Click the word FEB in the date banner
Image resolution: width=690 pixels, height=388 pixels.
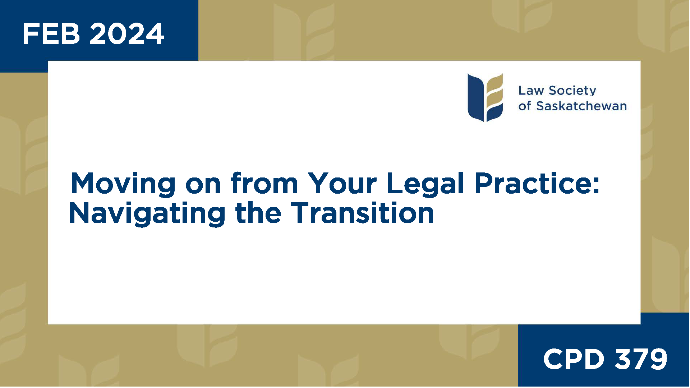(x=51, y=34)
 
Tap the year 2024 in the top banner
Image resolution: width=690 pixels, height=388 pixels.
(x=127, y=34)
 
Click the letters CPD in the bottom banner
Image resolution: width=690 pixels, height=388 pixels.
(x=574, y=359)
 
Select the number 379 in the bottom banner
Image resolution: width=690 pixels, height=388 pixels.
(x=641, y=359)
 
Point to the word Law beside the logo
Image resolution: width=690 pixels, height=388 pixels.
(x=531, y=91)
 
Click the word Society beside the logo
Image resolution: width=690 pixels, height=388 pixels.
(x=572, y=91)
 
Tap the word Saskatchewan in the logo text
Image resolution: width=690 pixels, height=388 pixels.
(x=581, y=106)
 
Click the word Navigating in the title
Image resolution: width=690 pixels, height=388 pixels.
(x=147, y=214)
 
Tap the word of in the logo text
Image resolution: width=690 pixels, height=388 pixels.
(x=524, y=106)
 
